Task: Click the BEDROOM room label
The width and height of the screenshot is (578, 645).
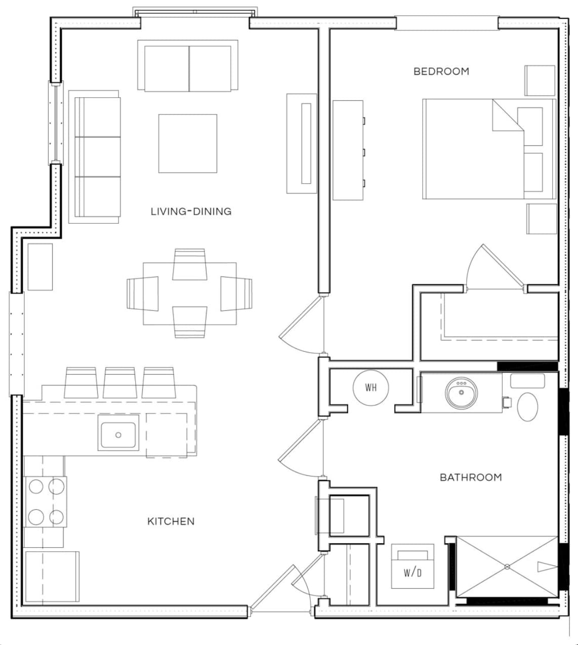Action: tap(441, 71)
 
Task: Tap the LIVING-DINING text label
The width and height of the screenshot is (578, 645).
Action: tap(191, 211)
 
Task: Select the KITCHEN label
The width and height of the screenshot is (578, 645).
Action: tap(171, 521)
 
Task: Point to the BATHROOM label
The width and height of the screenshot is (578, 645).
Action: tap(470, 477)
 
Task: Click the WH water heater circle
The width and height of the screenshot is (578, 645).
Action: tap(371, 387)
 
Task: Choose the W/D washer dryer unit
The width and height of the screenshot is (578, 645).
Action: tap(412, 567)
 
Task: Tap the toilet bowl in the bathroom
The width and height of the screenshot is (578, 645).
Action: tap(528, 406)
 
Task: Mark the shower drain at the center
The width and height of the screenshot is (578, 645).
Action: tap(507, 567)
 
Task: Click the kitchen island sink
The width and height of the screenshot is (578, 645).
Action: tap(118, 435)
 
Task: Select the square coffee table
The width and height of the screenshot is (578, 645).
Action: tap(187, 143)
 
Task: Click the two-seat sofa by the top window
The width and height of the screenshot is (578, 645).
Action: tap(187, 66)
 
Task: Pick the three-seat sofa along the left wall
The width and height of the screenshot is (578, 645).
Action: tap(96, 157)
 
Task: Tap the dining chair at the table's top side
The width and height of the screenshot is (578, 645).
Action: tap(189, 264)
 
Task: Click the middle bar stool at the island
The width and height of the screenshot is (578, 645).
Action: tap(119, 382)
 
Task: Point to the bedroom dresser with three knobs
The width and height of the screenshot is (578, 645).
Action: tap(348, 150)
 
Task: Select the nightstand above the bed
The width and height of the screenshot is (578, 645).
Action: tap(540, 80)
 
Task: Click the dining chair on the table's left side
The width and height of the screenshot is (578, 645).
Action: tap(142, 293)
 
